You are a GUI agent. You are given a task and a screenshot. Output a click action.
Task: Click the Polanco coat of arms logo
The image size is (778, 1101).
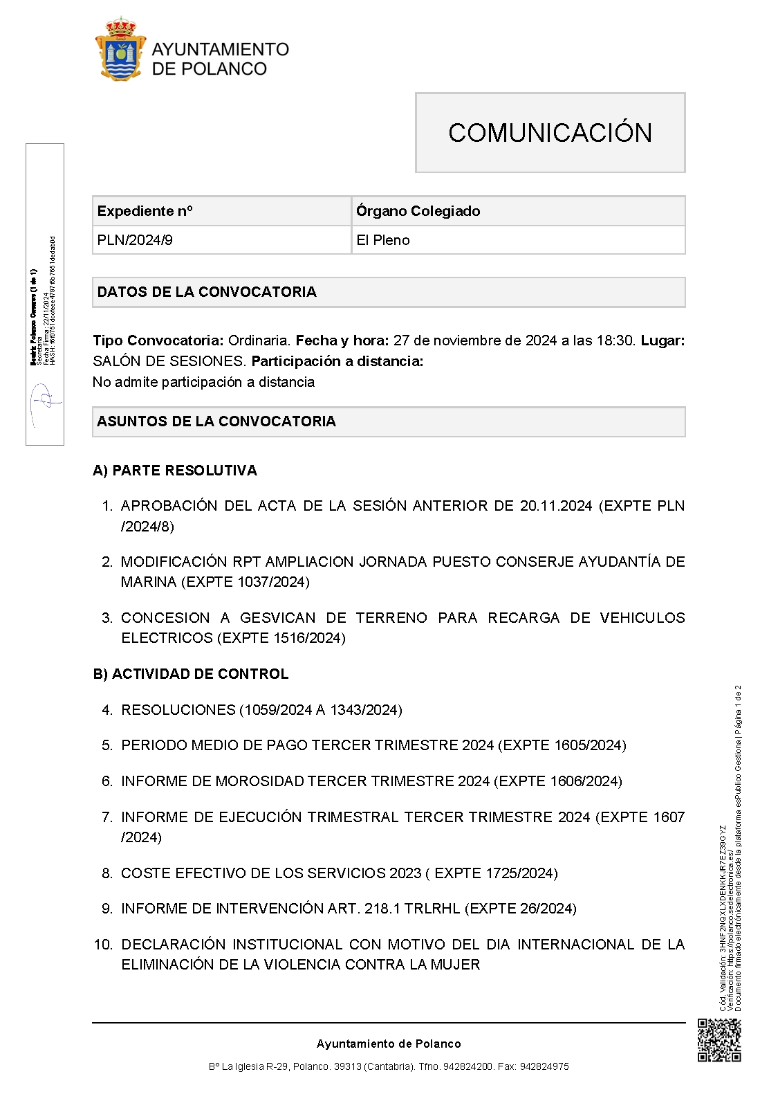pyautogui.click(x=120, y=50)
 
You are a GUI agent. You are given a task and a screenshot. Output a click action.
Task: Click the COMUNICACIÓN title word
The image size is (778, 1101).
pyautogui.click(x=550, y=133)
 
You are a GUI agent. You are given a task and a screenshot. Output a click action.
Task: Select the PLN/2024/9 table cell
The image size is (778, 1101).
pyautogui.click(x=136, y=240)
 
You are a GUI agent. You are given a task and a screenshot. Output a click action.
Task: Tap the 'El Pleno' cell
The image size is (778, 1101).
pyautogui.click(x=383, y=240)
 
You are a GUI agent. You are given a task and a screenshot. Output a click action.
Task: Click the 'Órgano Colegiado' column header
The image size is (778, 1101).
pyautogui.click(x=418, y=211)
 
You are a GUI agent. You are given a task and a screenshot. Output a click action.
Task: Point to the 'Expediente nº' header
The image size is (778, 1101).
pyautogui.click(x=145, y=211)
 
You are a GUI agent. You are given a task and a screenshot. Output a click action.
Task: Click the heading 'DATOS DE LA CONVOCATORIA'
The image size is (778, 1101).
pyautogui.click(x=207, y=292)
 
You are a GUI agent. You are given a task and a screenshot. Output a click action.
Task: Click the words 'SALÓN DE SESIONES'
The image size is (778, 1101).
pyautogui.click(x=169, y=361)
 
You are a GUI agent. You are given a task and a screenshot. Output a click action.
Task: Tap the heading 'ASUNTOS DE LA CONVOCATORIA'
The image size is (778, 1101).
pyautogui.click(x=216, y=421)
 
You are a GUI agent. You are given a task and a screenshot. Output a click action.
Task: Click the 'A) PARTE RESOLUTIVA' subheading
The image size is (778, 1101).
pyautogui.click(x=175, y=471)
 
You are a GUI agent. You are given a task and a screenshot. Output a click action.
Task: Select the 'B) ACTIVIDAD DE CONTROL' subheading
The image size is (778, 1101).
pyautogui.click(x=191, y=674)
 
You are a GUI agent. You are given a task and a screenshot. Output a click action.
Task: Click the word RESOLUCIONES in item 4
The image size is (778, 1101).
pyautogui.click(x=178, y=710)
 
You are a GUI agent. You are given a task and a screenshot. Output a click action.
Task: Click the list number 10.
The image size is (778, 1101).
pyautogui.click(x=103, y=945)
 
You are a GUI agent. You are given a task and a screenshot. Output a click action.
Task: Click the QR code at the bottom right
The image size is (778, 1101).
pyautogui.click(x=719, y=1040)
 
